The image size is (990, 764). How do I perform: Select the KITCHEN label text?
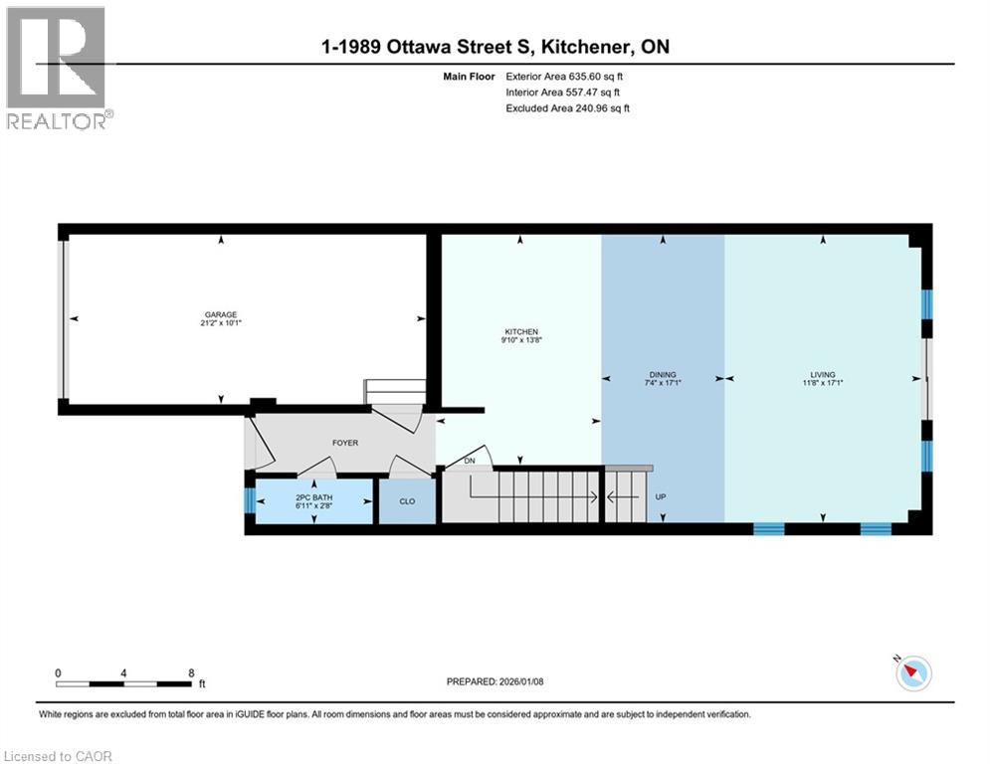pos(521,332)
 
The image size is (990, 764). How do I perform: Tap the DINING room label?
pos(663,375)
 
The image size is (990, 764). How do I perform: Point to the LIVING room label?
pos(822,375)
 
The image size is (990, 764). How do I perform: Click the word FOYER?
pos(345,443)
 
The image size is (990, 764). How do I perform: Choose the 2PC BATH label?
pos(313,496)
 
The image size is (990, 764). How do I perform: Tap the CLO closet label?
pos(407,501)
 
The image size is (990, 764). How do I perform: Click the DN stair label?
pos(470,462)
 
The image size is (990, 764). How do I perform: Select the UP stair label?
pos(661,495)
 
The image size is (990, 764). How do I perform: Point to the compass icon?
pos(912,673)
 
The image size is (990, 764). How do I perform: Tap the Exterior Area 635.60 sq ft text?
pos(568,77)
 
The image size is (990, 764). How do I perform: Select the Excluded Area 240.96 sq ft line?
pos(568,108)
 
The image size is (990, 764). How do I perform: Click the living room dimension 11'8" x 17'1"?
pos(822,383)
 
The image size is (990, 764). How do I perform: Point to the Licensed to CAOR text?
pos(58,756)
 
